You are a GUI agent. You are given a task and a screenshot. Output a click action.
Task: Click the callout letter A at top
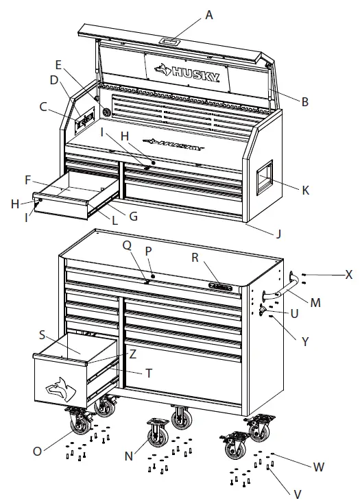(209, 14)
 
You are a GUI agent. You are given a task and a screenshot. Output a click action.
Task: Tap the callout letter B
(305, 102)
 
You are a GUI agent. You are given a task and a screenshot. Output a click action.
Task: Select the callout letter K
(305, 190)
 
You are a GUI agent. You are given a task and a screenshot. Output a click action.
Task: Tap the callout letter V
(298, 493)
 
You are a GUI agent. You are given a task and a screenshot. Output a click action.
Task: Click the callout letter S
(43, 335)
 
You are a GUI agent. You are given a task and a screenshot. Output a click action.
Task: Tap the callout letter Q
(127, 245)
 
